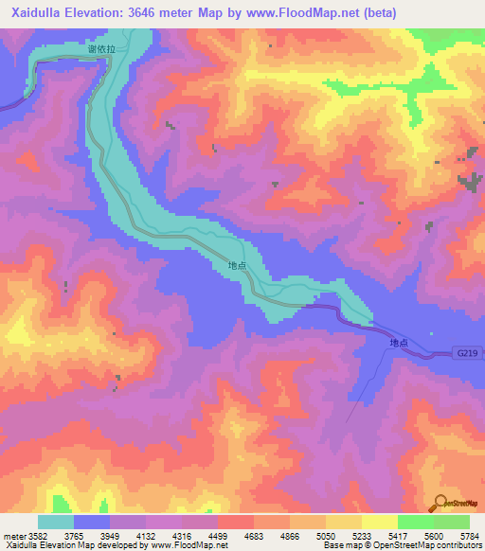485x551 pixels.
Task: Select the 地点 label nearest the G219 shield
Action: [x=399, y=344]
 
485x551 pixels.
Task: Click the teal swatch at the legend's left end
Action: [x=56, y=522]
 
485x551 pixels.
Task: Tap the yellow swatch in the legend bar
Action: [x=379, y=522]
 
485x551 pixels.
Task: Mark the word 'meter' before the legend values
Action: [x=14, y=536]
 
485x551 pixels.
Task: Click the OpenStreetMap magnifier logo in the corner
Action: [x=440, y=504]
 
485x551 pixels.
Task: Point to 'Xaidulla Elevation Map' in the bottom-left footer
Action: [x=43, y=545]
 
